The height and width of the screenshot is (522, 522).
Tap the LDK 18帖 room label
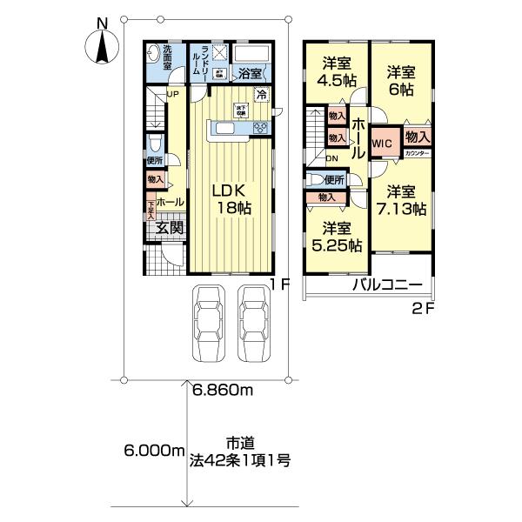point(230,198)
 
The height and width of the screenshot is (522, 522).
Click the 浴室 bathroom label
point(248,74)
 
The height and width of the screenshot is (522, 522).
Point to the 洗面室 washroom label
point(167,55)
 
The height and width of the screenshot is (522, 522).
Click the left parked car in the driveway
point(208,325)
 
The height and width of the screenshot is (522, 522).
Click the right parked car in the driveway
point(253,325)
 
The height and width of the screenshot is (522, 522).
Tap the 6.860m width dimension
point(222,391)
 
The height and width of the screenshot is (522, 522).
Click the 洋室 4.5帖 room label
point(337,70)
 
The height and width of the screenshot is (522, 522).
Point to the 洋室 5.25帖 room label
point(336,237)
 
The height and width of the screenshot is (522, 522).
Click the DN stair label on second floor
point(331,158)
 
